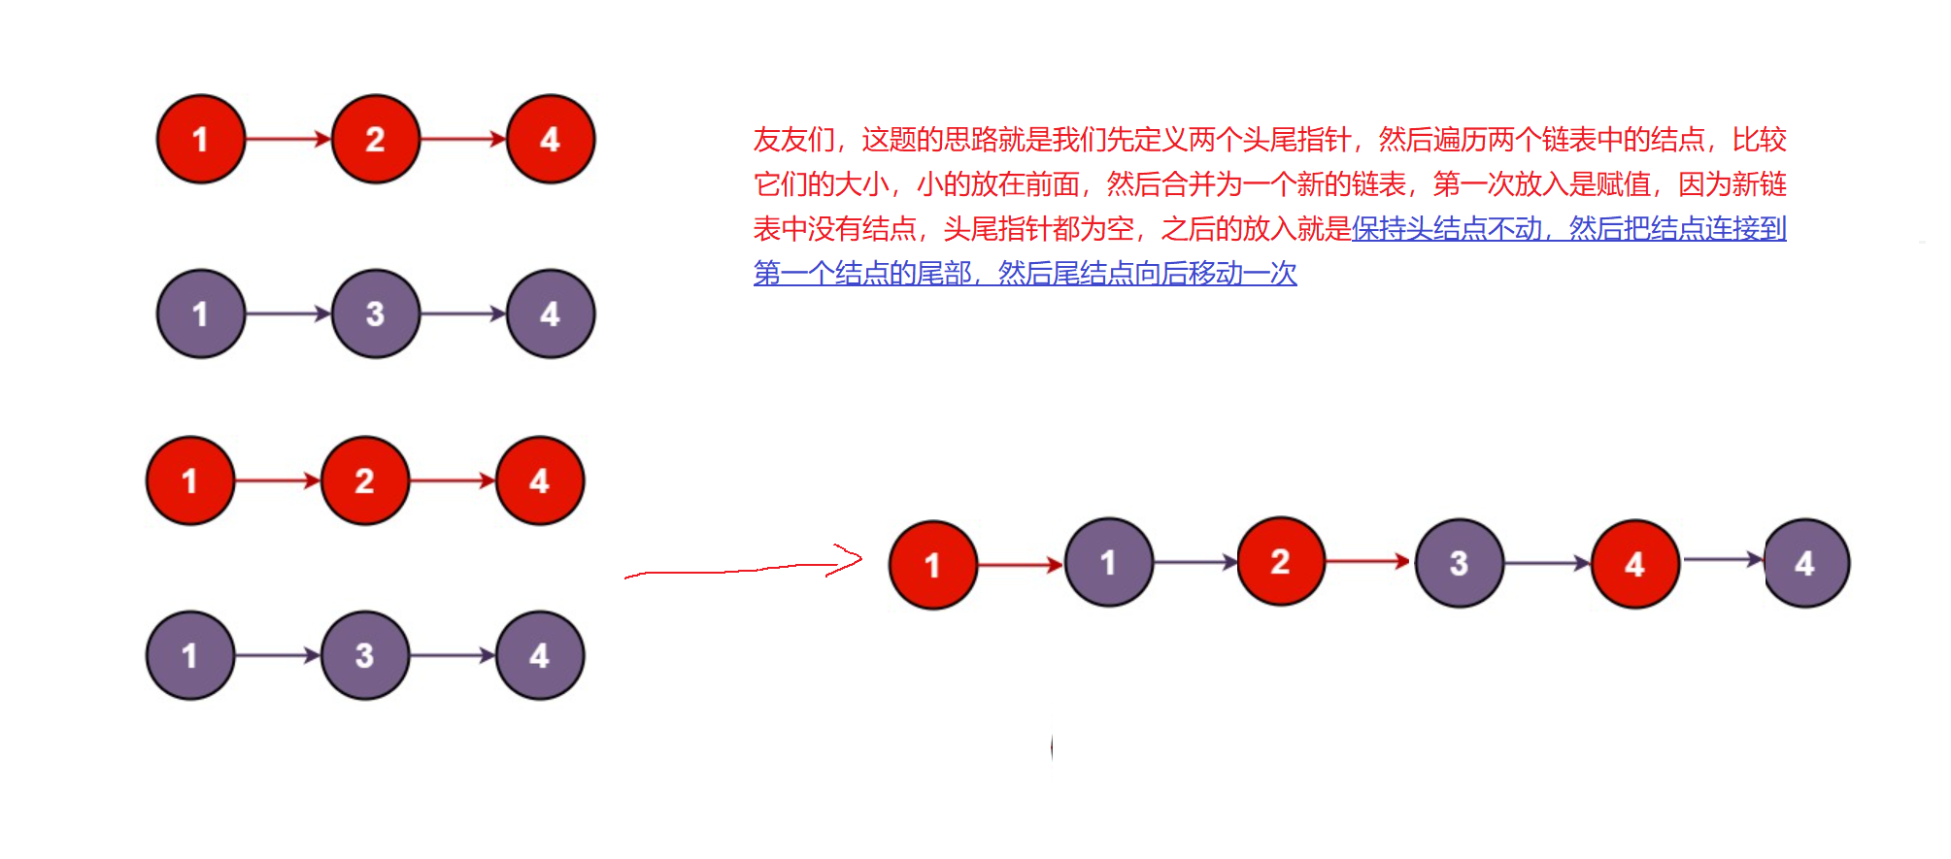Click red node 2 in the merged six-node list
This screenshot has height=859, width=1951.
click(1280, 561)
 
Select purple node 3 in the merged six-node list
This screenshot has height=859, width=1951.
click(1459, 563)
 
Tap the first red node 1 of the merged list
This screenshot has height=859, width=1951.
click(932, 565)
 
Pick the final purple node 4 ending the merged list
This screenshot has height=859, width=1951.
click(1805, 563)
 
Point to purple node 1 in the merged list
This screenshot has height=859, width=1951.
click(1108, 562)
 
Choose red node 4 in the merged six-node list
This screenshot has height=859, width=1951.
click(1634, 564)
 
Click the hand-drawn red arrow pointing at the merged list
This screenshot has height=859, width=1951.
click(744, 568)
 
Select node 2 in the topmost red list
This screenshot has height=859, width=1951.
click(375, 139)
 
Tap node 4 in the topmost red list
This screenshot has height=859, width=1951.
click(550, 139)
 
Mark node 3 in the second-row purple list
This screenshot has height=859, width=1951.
click(375, 314)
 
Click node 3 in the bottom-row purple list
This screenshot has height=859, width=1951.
click(364, 655)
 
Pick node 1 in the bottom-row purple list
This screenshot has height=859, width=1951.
click(190, 655)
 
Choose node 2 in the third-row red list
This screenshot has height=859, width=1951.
click(364, 480)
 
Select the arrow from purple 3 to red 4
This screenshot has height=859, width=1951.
click(1547, 563)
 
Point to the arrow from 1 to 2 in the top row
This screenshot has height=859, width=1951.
click(287, 139)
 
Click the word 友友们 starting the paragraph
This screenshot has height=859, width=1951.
click(793, 140)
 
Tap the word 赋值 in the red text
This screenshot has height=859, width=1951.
click(1624, 184)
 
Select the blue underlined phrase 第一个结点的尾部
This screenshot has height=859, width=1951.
click(862, 274)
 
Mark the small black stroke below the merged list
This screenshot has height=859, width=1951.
click(1052, 746)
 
